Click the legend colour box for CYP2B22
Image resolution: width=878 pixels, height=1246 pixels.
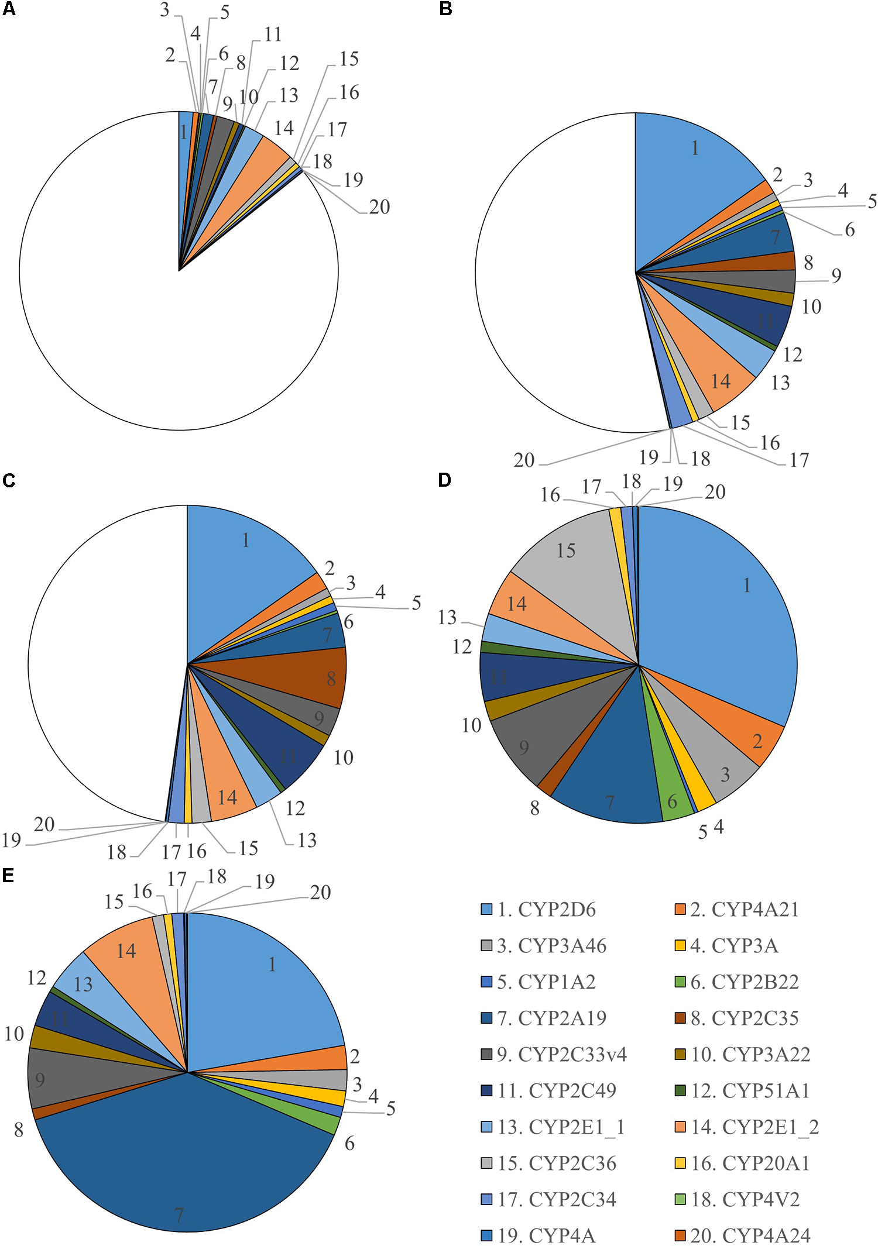tap(680, 982)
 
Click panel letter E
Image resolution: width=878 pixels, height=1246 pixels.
tap(8, 875)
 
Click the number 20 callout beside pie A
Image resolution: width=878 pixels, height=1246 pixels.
tap(379, 206)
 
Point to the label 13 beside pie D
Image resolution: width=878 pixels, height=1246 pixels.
tap(447, 617)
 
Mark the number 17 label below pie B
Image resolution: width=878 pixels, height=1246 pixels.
tap(799, 460)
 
